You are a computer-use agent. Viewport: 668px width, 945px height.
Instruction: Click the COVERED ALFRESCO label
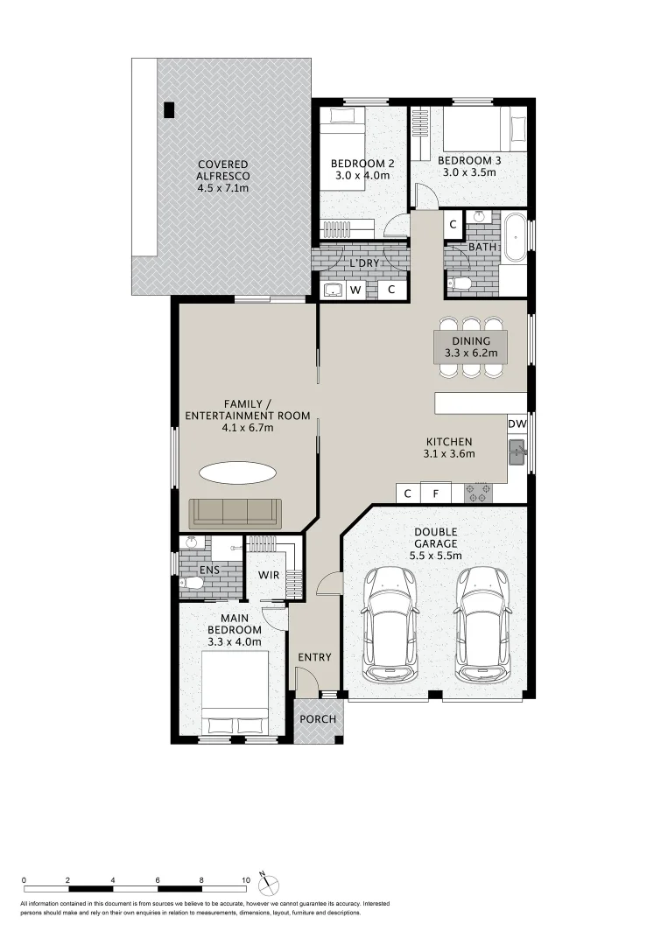pyautogui.click(x=222, y=176)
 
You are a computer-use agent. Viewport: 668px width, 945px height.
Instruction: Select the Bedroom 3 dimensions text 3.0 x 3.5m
pyautogui.click(x=467, y=172)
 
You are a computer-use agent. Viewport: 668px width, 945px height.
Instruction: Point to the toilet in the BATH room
pyautogui.click(x=461, y=283)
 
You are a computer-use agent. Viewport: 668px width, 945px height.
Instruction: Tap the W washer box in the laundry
pyautogui.click(x=356, y=290)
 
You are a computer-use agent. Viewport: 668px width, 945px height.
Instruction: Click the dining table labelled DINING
pyautogui.click(x=471, y=346)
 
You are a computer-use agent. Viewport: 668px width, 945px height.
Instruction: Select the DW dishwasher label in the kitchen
pyautogui.click(x=517, y=424)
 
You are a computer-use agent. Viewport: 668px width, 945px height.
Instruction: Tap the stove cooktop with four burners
pyautogui.click(x=478, y=493)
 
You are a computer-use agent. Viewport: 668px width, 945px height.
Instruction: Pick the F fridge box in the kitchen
pyautogui.click(x=436, y=493)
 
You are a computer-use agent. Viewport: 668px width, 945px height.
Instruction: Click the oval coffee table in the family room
pyautogui.click(x=237, y=473)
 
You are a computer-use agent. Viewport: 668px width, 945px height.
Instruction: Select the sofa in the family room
pyautogui.click(x=235, y=511)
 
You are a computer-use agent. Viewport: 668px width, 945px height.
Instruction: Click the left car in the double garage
pyautogui.click(x=390, y=623)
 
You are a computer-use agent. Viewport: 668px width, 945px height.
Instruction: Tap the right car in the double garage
pyautogui.click(x=482, y=623)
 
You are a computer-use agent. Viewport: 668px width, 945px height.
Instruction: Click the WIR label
pyautogui.click(x=269, y=575)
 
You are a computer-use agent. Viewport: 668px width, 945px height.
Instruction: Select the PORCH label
pyautogui.click(x=319, y=719)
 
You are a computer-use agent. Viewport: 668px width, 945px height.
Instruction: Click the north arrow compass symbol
pyautogui.click(x=270, y=881)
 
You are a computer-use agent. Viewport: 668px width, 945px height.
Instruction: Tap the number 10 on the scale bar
pyautogui.click(x=245, y=880)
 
